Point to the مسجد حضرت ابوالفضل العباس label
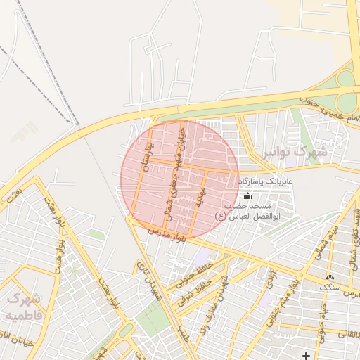pos(247,212)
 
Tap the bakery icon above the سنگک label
pos(330,277)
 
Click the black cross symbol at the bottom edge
pos(306,356)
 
